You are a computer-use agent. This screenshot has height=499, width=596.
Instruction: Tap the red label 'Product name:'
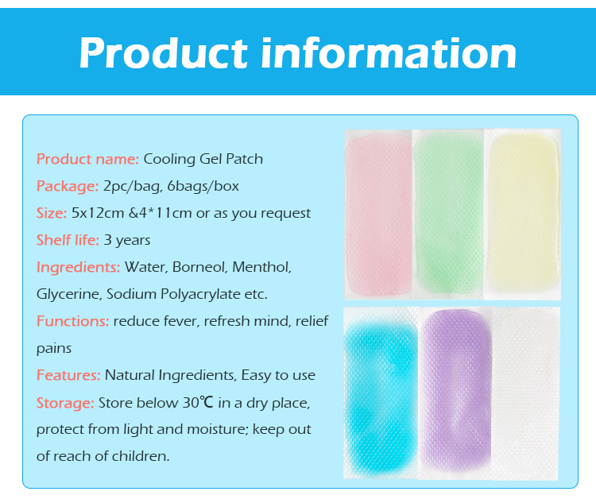pyautogui.click(x=87, y=159)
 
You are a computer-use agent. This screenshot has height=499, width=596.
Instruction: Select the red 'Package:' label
pyautogui.click(x=68, y=186)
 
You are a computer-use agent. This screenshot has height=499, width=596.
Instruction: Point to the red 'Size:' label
pyautogui.click(x=52, y=213)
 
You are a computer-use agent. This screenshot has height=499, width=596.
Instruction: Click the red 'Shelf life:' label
pyautogui.click(x=68, y=240)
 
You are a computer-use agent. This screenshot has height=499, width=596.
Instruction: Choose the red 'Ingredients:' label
pyautogui.click(x=78, y=267)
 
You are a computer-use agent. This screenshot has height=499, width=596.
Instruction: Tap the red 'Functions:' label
pyautogui.click(x=72, y=322)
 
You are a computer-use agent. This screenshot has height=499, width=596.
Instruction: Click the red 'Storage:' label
pyautogui.click(x=65, y=403)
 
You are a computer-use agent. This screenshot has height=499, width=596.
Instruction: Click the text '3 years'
pyautogui.click(x=126, y=240)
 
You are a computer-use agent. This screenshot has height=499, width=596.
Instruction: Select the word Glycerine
pyautogui.click(x=68, y=294)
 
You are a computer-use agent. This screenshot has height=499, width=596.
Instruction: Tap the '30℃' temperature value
pyautogui.click(x=199, y=403)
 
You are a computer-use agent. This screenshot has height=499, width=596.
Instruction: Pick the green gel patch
pyautogui.click(x=447, y=213)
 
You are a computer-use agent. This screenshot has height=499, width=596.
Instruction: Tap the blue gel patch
pyautogui.click(x=379, y=393)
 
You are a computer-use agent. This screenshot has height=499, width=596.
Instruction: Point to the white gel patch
pyautogui.click(x=525, y=393)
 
